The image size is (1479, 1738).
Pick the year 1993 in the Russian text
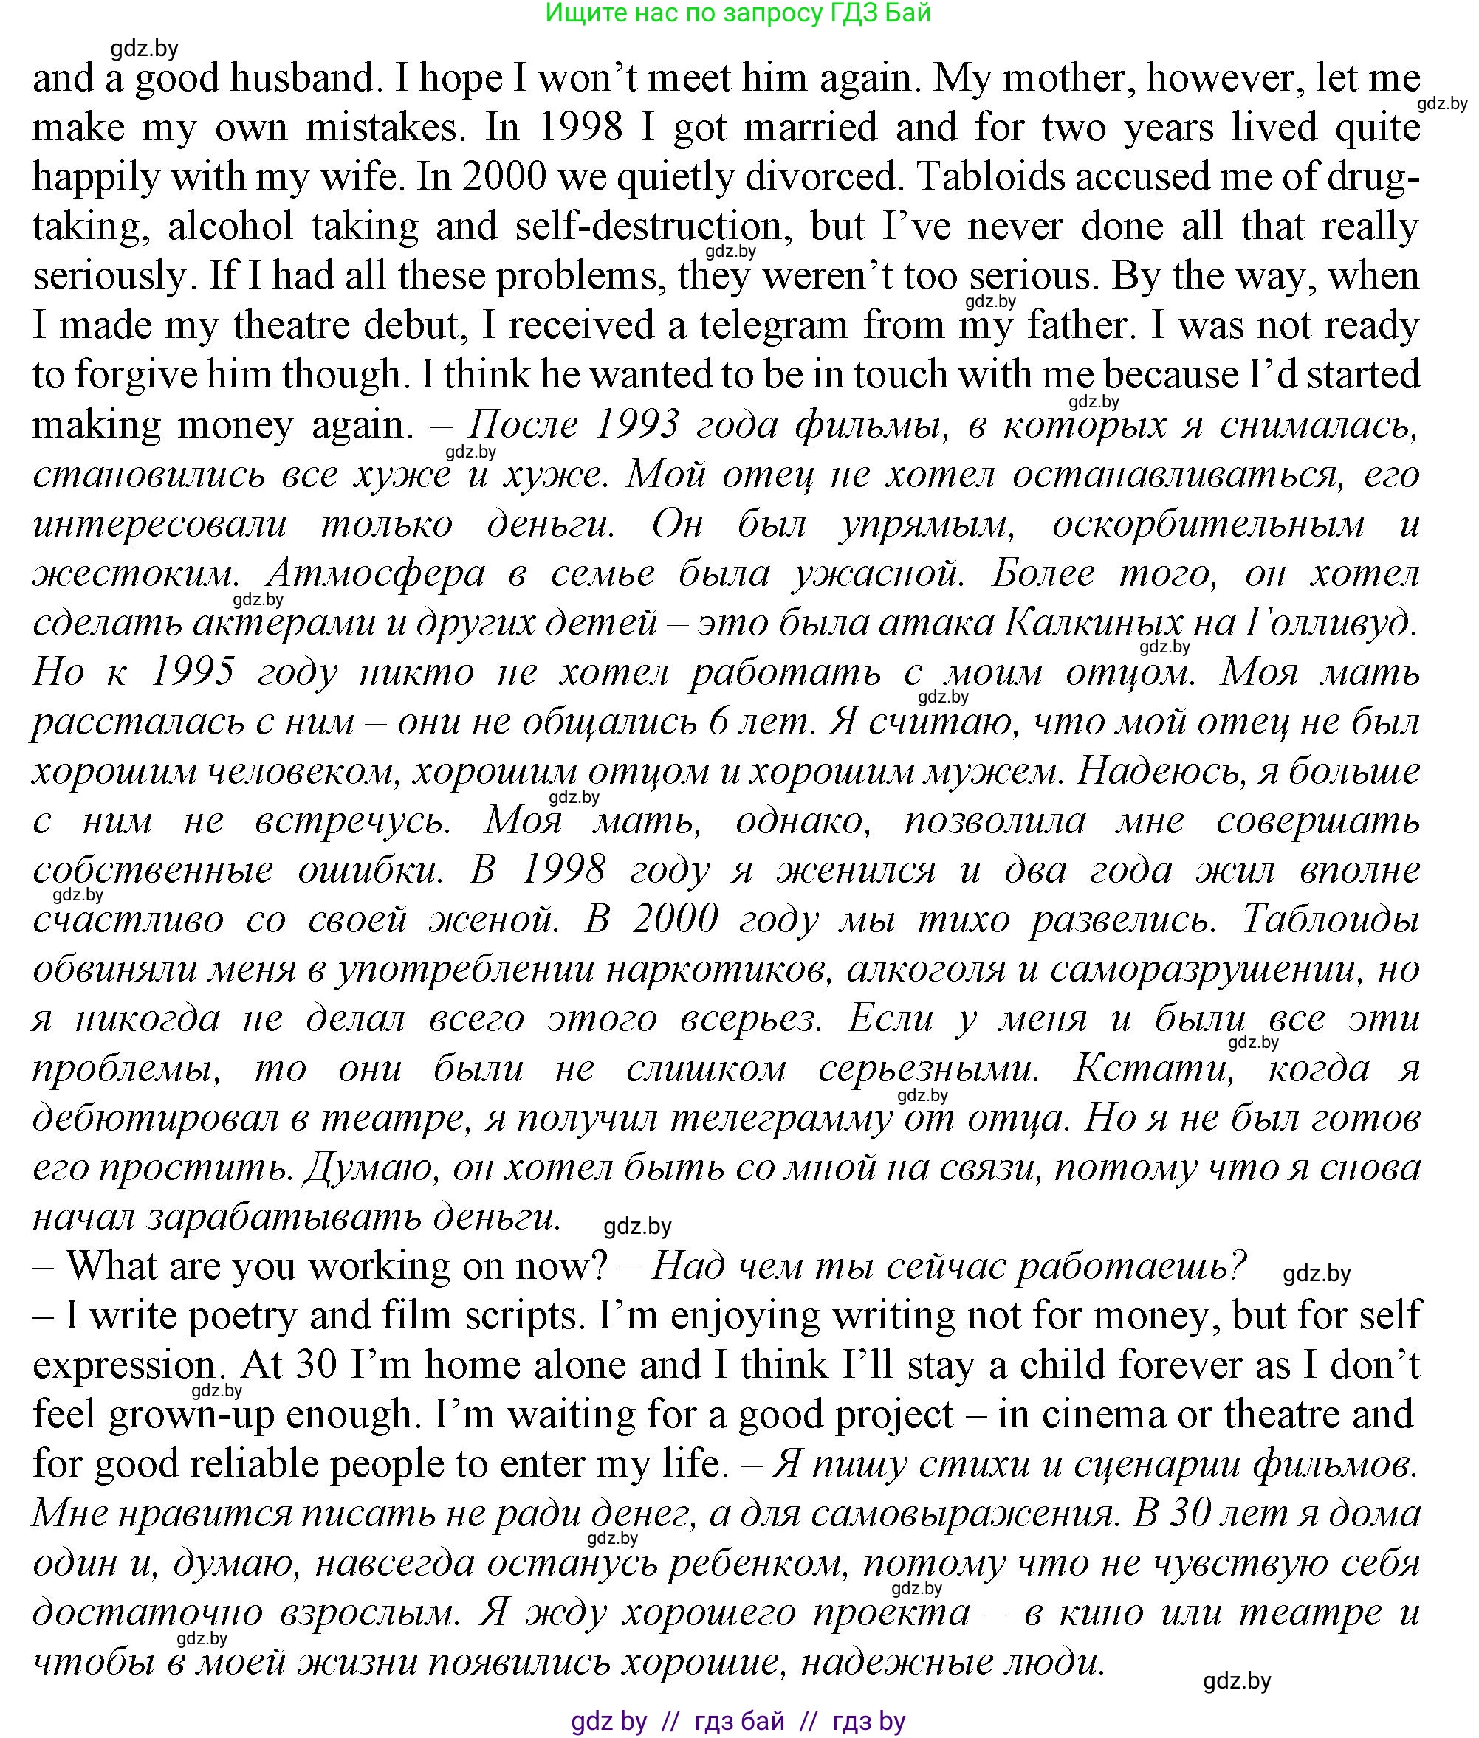[x=636, y=425]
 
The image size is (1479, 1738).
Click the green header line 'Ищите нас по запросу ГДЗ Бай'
[x=738, y=13]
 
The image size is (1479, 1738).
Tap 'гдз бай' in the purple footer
[x=740, y=1721]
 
